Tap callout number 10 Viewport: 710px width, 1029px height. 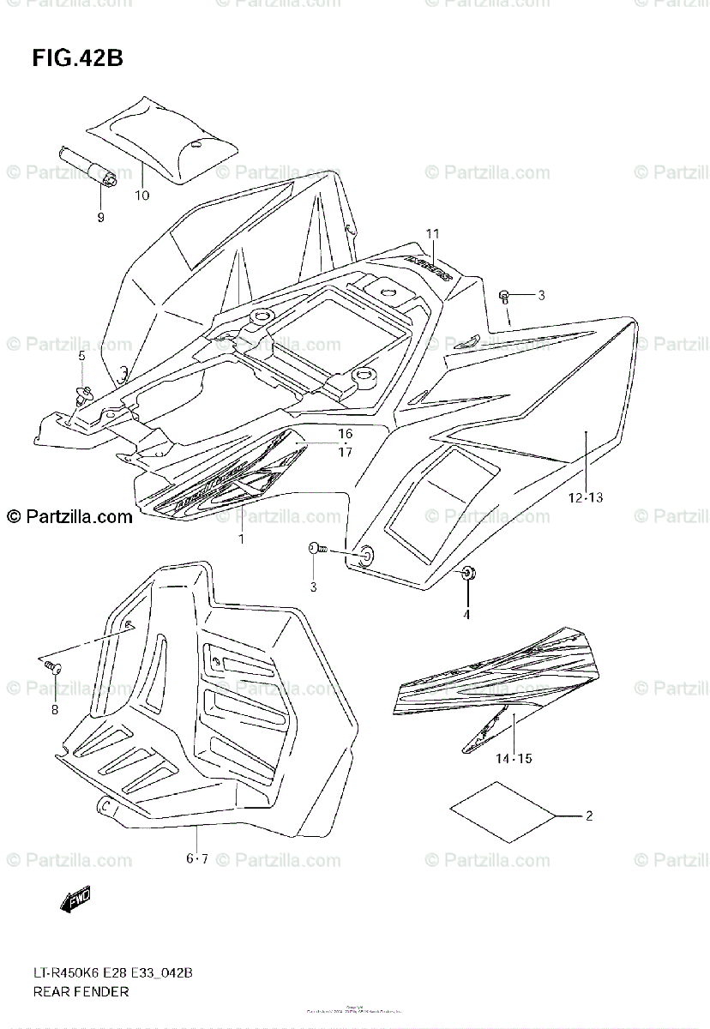pyautogui.click(x=141, y=195)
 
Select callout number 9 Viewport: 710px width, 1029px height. pyautogui.click(x=100, y=218)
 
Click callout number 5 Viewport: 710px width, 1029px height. pyautogui.click(x=81, y=355)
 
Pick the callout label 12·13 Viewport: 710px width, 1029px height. pyautogui.click(x=585, y=497)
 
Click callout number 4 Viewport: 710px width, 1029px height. pyautogui.click(x=467, y=613)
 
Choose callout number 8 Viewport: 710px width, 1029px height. pyautogui.click(x=54, y=709)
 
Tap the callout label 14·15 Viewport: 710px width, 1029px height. pyautogui.click(x=514, y=758)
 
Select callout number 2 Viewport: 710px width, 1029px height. pyautogui.click(x=589, y=815)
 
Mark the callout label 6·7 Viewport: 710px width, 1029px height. pyautogui.click(x=197, y=858)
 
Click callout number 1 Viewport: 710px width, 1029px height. pyautogui.click(x=241, y=539)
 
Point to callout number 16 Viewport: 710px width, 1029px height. pyautogui.click(x=345, y=434)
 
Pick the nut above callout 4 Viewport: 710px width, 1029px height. pyautogui.click(x=467, y=573)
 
